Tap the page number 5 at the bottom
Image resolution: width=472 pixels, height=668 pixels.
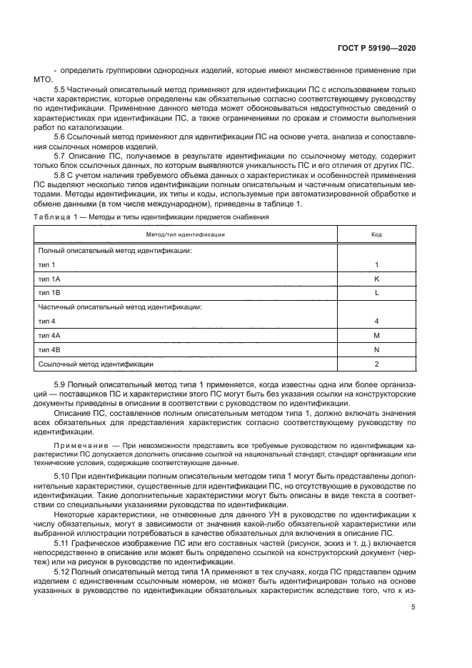(413, 607)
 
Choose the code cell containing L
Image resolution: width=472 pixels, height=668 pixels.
(376, 293)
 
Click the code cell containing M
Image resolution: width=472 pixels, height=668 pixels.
(376, 335)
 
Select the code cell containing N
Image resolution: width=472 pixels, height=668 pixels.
(376, 349)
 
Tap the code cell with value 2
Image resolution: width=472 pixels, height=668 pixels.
(376, 364)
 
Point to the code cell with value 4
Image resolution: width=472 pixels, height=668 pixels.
(376, 321)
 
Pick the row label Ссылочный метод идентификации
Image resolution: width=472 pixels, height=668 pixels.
(96, 364)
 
